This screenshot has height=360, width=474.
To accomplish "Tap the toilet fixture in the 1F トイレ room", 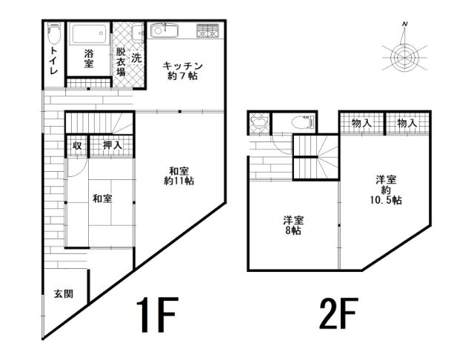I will (53, 34).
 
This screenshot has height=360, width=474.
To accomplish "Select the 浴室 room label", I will (88, 59).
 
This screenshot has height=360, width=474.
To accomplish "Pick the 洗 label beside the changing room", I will (136, 58).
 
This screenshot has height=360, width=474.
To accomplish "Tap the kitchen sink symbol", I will (161, 31).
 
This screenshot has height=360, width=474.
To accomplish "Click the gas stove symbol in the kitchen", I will (207, 31).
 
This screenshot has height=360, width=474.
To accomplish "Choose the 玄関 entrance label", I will (63, 293).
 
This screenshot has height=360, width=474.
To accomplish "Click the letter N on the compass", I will (405, 25).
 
